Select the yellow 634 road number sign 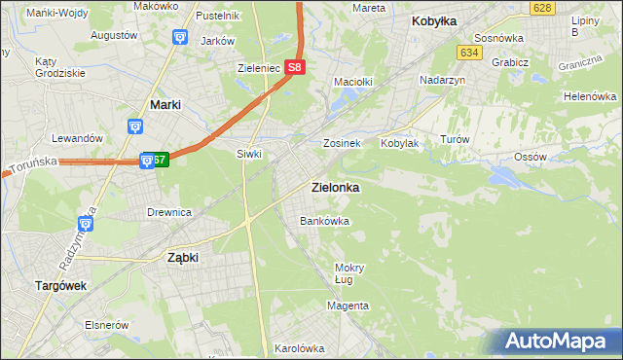(470, 53)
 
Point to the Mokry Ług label (348, 273)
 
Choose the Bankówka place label (324, 221)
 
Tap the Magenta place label (348, 306)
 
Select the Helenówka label (591, 97)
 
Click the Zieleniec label (259, 69)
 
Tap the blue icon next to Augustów (179, 37)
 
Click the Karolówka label (299, 347)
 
